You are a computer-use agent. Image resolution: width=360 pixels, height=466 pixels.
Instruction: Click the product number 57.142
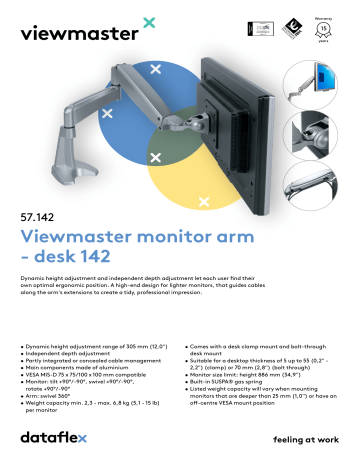37,214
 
